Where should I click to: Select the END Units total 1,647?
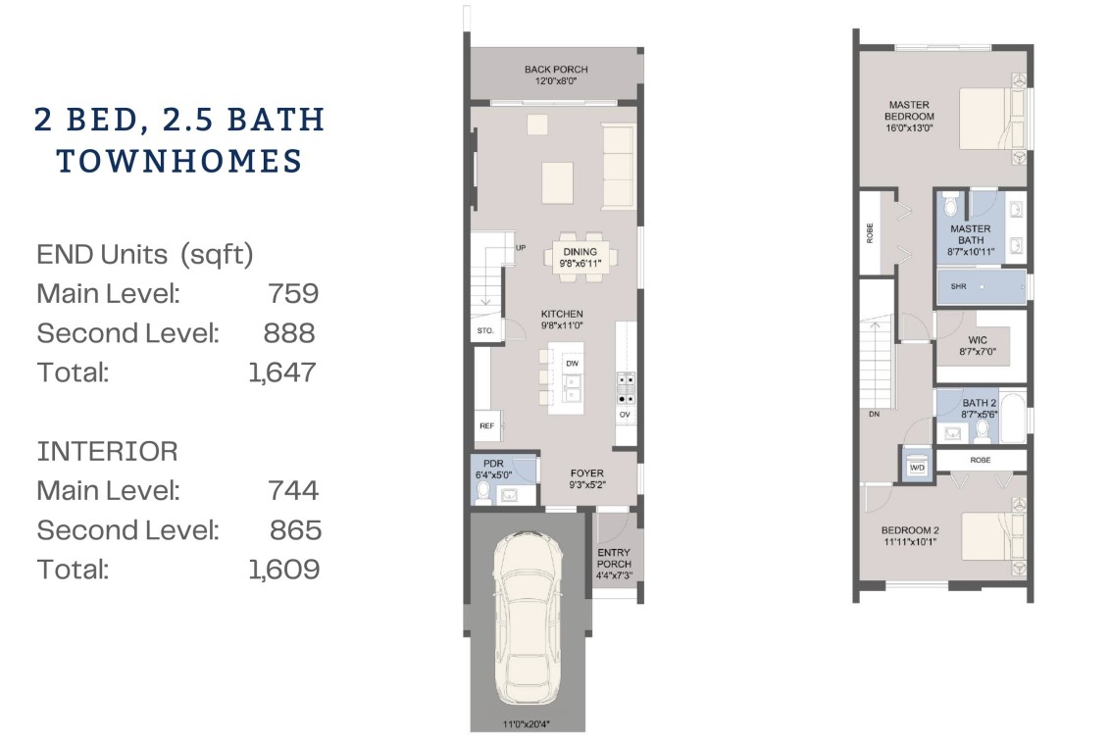point(281,373)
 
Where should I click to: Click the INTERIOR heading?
point(107,452)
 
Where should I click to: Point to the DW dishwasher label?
point(572,364)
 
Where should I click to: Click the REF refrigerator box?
point(487,425)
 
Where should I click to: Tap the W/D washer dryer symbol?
point(917,467)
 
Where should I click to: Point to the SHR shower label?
point(959,286)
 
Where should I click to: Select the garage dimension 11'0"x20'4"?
point(527,724)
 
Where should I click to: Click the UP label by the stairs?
point(521,248)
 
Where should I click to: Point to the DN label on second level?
point(875,414)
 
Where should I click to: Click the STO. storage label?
point(485,330)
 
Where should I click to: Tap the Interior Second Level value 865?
point(295,530)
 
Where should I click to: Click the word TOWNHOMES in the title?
point(179,161)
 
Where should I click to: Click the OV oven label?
point(625,415)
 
